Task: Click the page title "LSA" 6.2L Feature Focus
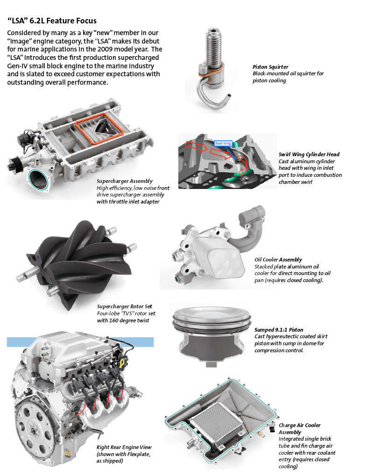(x=52, y=21)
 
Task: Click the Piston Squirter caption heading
(x=271, y=67)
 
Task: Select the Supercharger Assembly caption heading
(x=125, y=181)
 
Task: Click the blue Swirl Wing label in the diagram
(x=223, y=143)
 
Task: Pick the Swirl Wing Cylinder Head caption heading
(x=309, y=154)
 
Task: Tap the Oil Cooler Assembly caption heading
(x=278, y=260)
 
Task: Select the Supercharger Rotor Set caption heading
(x=125, y=307)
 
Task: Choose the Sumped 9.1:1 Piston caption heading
(x=279, y=330)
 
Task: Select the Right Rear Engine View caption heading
(x=124, y=447)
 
